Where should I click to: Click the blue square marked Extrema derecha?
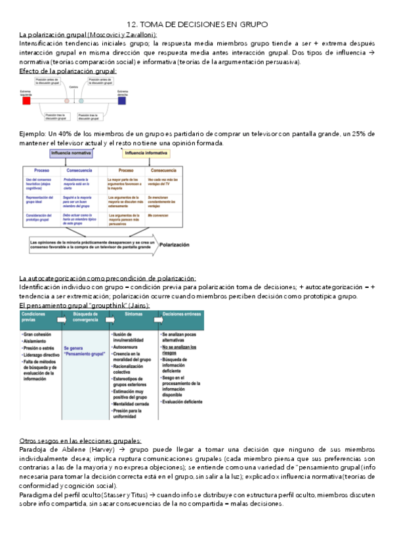pos(122,102)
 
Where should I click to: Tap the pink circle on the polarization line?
pos(66,102)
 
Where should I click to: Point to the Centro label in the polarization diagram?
pos(73,86)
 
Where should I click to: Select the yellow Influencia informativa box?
pos(146,153)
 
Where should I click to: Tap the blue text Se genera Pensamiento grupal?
pos(83,351)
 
